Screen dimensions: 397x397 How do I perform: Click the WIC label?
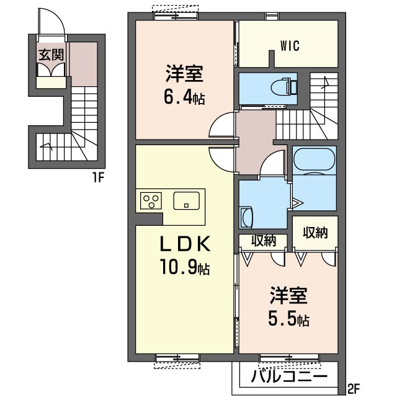click(290, 46)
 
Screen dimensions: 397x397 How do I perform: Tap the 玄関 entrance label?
click(51, 55)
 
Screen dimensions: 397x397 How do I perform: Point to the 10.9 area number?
click(178, 267)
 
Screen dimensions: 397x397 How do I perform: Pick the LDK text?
click(185, 243)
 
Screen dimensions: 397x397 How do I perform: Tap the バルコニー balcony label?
click(289, 377)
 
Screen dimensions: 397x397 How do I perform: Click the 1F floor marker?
click(98, 177)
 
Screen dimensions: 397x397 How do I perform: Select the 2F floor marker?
click(354, 390)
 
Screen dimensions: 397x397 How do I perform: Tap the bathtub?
click(314, 159)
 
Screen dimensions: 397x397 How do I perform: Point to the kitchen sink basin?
click(186, 200)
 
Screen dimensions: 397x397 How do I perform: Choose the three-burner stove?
click(151, 200)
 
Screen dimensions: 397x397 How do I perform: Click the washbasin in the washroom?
click(246, 218)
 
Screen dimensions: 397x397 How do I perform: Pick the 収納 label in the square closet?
click(315, 232)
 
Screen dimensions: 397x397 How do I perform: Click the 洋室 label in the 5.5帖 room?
click(288, 295)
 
